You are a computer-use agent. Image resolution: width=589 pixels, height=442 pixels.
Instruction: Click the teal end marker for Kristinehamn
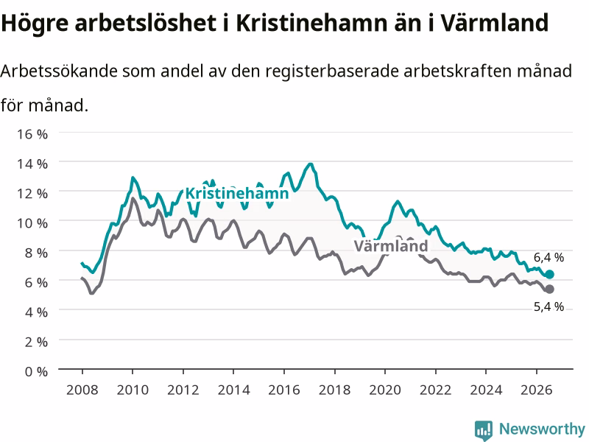pyautogui.click(x=549, y=274)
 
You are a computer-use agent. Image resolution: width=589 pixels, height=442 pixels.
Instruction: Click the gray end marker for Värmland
pyautogui.click(x=549, y=289)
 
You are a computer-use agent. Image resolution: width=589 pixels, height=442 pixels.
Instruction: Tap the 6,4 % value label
pyautogui.click(x=549, y=257)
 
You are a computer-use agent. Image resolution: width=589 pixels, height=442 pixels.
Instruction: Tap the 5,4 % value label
pyautogui.click(x=549, y=306)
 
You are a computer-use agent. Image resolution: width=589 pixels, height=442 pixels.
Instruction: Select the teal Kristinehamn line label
pyautogui.click(x=237, y=193)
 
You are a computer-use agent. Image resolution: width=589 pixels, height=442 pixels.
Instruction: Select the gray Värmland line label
pyautogui.click(x=391, y=246)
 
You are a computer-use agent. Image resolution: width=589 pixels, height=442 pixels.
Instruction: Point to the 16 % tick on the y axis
pyautogui.click(x=32, y=134)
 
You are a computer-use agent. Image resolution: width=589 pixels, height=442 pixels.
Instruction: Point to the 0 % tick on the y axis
pyautogui.click(x=36, y=371)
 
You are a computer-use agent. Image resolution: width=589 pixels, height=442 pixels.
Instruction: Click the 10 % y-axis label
pyautogui.click(x=32, y=223)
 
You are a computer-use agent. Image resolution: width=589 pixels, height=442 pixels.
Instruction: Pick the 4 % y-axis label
pyautogui.click(x=36, y=312)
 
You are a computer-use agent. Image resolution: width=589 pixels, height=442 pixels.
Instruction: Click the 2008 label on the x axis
pyautogui.click(x=82, y=390)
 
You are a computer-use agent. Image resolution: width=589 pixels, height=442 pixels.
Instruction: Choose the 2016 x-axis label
pyautogui.click(x=284, y=390)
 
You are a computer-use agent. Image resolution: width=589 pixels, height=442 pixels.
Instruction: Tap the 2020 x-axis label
pyautogui.click(x=385, y=390)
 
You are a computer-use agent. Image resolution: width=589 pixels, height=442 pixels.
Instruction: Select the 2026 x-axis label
pyautogui.click(x=537, y=390)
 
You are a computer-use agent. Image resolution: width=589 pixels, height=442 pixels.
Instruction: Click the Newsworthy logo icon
pyautogui.click(x=484, y=429)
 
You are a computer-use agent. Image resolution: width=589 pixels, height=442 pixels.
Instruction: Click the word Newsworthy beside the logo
pyautogui.click(x=542, y=429)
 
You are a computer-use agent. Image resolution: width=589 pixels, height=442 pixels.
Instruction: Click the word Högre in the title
pyautogui.click(x=35, y=24)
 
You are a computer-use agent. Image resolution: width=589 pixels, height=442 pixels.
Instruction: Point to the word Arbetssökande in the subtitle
pyautogui.click(x=59, y=71)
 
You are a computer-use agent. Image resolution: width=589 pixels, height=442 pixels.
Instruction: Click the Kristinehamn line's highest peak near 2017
pyautogui.click(x=310, y=164)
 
